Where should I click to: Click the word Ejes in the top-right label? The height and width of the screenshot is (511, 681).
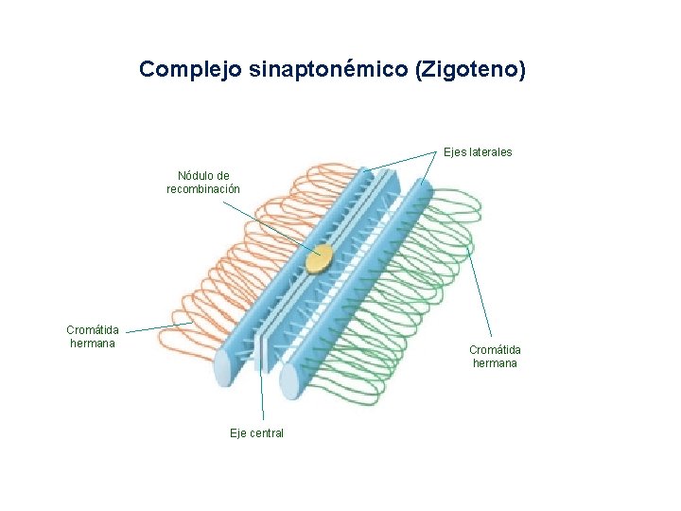(455, 151)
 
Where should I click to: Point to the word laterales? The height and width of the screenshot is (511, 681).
(491, 151)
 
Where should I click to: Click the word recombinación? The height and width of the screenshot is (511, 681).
(203, 189)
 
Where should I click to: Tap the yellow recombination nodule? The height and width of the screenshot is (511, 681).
(321, 257)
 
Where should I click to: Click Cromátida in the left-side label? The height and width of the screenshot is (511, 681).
(93, 330)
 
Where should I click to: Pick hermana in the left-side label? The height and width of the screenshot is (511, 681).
(93, 344)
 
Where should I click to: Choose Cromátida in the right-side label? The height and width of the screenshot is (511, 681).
(495, 350)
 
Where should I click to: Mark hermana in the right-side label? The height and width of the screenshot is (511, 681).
(495, 363)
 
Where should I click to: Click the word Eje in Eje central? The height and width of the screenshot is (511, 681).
(239, 433)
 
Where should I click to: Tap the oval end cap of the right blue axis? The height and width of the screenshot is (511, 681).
(289, 381)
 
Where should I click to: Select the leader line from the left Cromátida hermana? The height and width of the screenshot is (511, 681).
(156, 327)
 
